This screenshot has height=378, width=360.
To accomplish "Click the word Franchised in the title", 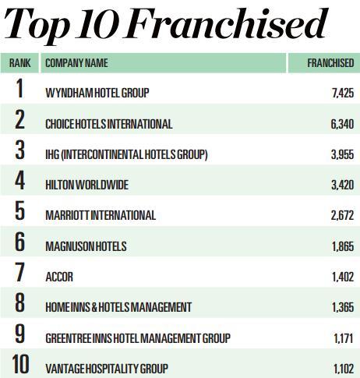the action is pyautogui.click(x=226, y=24).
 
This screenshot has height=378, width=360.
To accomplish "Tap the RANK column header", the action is pyautogui.click(x=19, y=63).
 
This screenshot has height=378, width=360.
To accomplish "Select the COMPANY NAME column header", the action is pyautogui.click(x=76, y=63).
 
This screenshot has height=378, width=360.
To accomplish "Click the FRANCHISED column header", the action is pyautogui.click(x=330, y=63).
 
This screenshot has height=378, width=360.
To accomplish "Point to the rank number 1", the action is pyautogui.click(x=19, y=89).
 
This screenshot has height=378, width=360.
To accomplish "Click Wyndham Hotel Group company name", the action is pyautogui.click(x=97, y=93).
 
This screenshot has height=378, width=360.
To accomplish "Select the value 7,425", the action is pyautogui.click(x=343, y=93).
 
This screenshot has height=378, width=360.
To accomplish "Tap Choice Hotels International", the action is pyautogui.click(x=109, y=124).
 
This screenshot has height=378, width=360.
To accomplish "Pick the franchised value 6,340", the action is pyautogui.click(x=342, y=124).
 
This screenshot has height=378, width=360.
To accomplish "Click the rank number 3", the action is pyautogui.click(x=19, y=150).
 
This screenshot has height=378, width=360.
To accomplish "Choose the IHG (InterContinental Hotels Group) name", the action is pyautogui.click(x=126, y=154).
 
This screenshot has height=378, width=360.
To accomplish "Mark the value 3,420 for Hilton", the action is pyautogui.click(x=343, y=185).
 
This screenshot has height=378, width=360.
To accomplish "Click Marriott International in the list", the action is pyautogui.click(x=101, y=216).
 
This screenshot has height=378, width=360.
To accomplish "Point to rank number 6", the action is pyautogui.click(x=19, y=242).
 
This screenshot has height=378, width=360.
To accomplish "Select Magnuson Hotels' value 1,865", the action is pyautogui.click(x=343, y=246).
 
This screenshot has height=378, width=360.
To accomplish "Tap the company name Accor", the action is pyautogui.click(x=59, y=277).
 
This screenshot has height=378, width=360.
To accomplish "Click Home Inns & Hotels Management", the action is pyautogui.click(x=118, y=307).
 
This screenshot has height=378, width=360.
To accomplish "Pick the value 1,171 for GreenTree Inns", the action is pyautogui.click(x=344, y=338).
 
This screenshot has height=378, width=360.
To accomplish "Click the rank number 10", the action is pyautogui.click(x=20, y=364).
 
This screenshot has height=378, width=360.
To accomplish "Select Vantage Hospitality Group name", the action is pyautogui.click(x=107, y=369).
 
